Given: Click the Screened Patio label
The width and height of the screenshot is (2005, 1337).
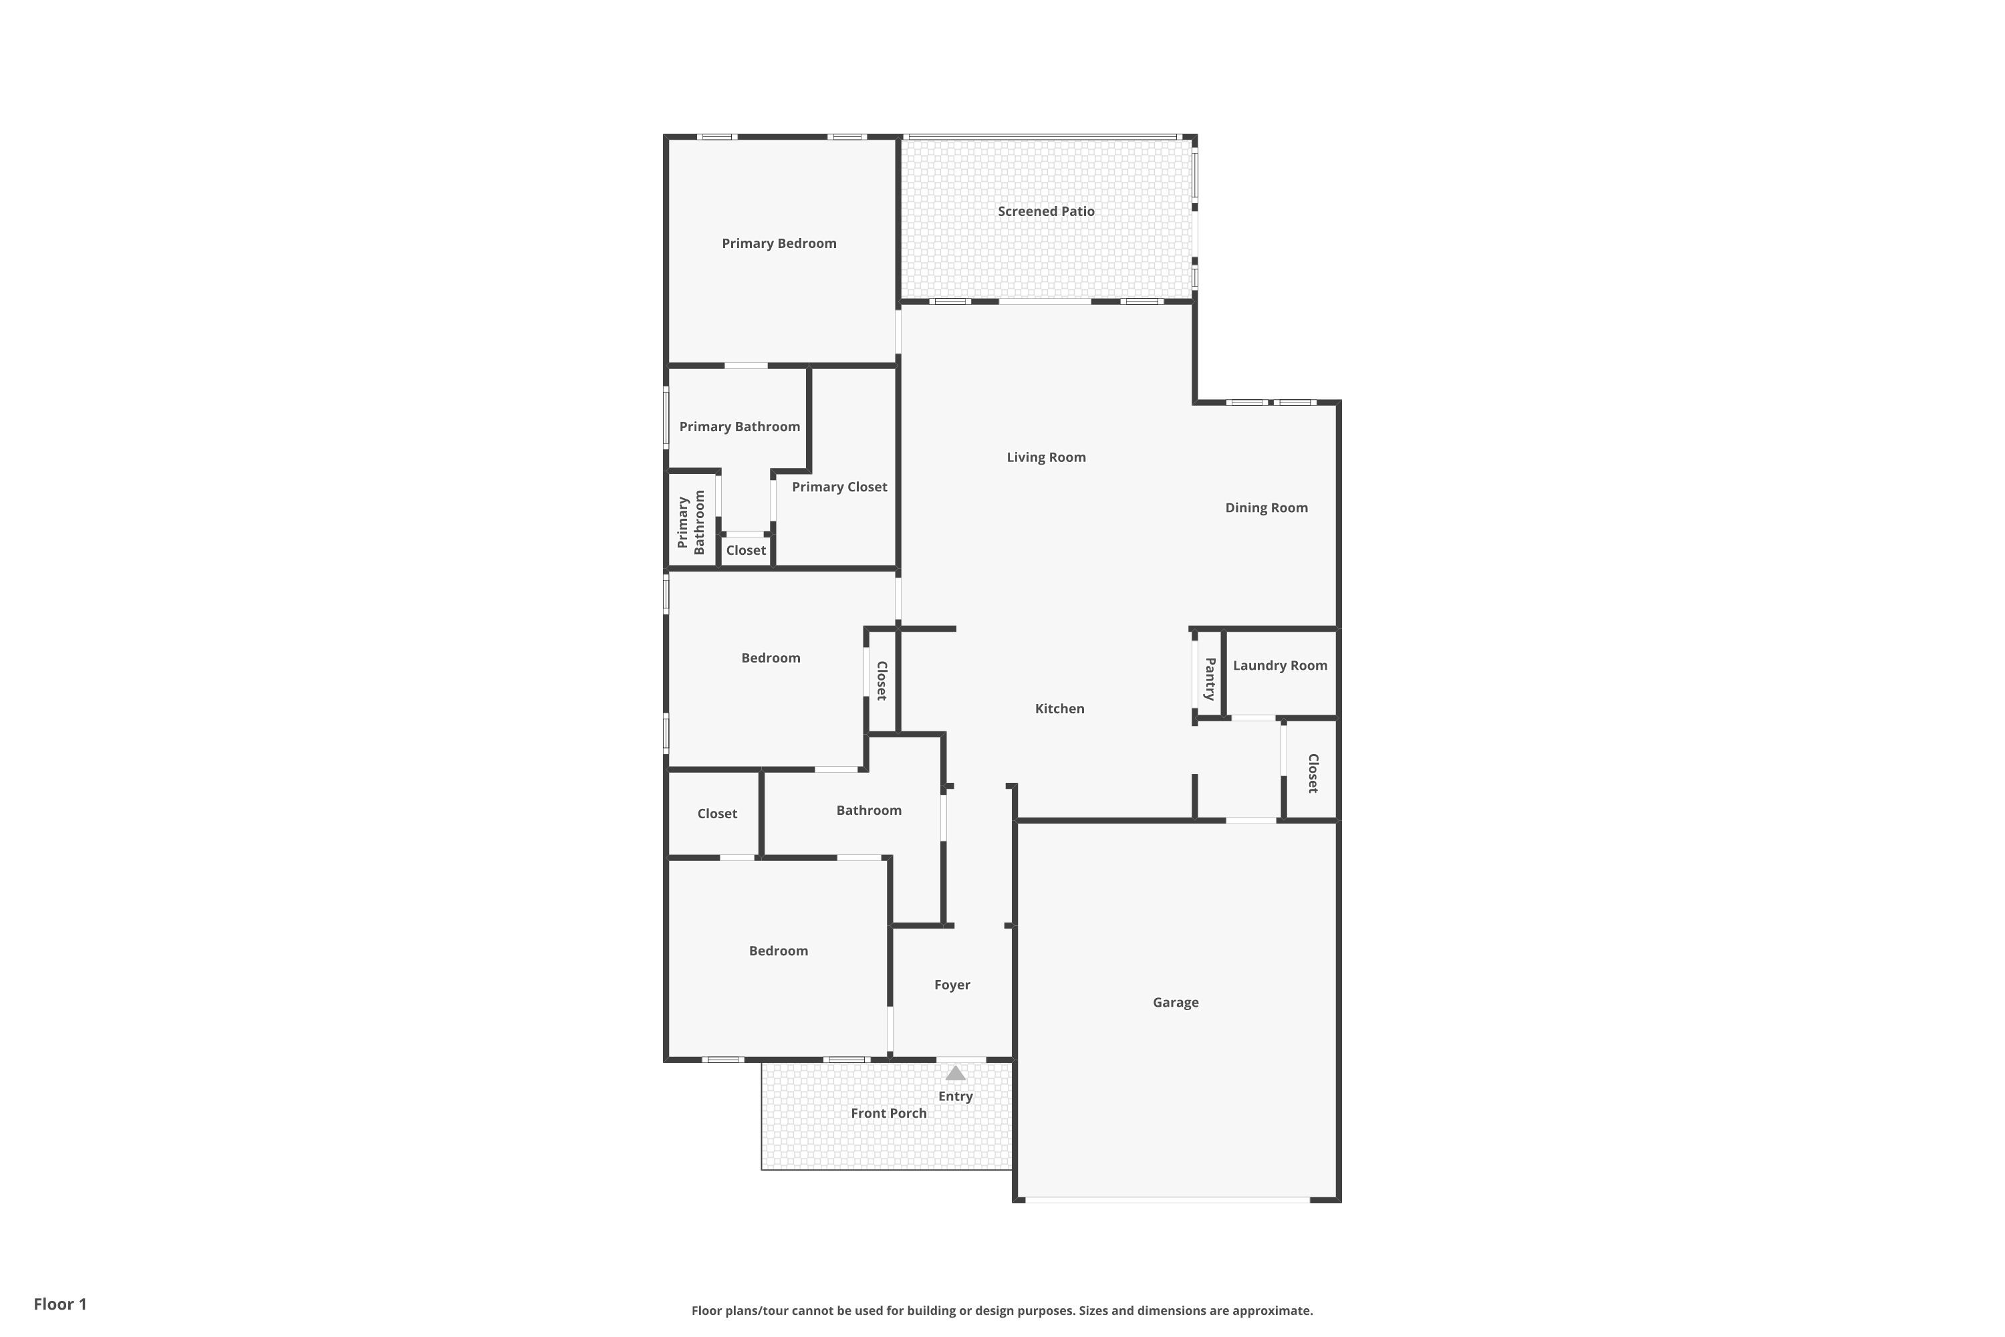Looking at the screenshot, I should click(1046, 211).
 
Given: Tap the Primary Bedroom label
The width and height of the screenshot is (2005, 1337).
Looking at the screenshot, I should click(779, 244).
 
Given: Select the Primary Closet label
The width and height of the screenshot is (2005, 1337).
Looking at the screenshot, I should click(839, 487).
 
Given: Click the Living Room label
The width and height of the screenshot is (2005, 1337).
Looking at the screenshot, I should click(1046, 457).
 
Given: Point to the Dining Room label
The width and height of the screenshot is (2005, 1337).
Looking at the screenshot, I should click(1266, 507).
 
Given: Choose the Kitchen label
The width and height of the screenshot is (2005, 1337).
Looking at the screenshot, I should click(1059, 709).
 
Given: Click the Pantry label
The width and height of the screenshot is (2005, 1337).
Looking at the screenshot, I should click(1209, 679).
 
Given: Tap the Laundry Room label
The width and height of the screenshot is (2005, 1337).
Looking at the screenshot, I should click(1280, 665).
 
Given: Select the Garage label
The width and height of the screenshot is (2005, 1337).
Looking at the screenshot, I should click(1176, 1003).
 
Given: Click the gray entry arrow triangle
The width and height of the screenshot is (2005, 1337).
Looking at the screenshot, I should click(955, 1074).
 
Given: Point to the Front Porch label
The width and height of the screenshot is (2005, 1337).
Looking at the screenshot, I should click(888, 1114).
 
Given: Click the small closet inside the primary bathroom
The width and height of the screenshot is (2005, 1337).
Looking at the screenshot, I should click(746, 551).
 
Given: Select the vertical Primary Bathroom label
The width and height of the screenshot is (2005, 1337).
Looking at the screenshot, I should click(690, 522).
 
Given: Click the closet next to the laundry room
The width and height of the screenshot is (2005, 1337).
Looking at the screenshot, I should click(1313, 773).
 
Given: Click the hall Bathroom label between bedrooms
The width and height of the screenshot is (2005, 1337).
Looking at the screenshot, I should click(869, 810).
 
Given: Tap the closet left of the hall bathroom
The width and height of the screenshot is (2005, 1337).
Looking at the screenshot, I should click(717, 814).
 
